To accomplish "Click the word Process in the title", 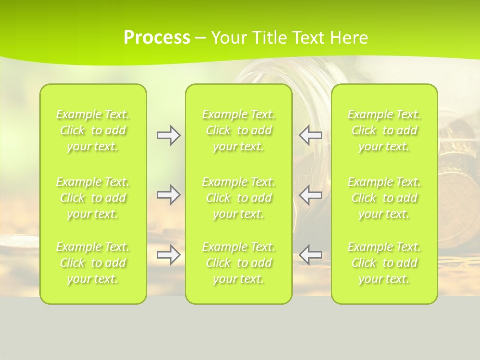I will click(x=157, y=38).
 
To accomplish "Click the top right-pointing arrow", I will click(x=168, y=135).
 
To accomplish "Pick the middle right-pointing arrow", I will click(x=168, y=195).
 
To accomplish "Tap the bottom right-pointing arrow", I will click(x=168, y=255).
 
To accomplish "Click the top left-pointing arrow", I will click(x=311, y=135).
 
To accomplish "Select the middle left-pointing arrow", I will click(x=311, y=195).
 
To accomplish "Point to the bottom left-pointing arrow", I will click(x=311, y=255).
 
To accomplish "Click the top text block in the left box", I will click(x=93, y=130).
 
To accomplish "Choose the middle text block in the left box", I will click(x=93, y=198).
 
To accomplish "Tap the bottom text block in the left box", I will click(x=93, y=263).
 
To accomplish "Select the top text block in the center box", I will click(x=239, y=130).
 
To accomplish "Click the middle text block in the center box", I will click(x=239, y=198).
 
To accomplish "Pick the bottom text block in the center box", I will click(x=239, y=263).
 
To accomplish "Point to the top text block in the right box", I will click(x=384, y=130).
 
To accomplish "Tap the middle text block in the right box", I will click(x=384, y=198).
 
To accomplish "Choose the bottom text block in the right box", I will click(x=384, y=263).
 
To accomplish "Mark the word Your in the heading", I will click(x=227, y=38).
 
